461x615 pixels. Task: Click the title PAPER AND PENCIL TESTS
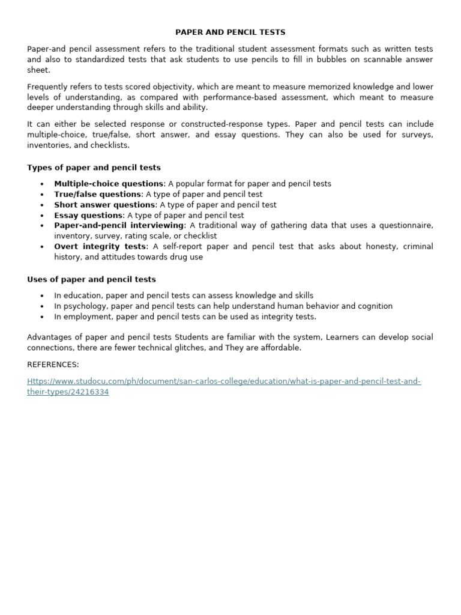[230, 32]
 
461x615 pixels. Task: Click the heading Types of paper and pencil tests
[94, 168]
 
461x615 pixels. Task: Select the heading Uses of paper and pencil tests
[91, 279]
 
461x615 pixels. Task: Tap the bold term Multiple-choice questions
[109, 184]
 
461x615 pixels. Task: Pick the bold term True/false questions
[97, 195]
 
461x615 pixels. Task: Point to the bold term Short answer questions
[104, 205]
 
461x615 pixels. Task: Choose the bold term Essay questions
[88, 215]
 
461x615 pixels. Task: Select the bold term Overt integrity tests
[100, 246]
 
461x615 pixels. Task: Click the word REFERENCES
[53, 365]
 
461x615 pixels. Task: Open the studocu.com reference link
[224, 382]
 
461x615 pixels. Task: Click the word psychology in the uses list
[87, 306]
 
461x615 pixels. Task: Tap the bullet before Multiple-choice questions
[41, 184]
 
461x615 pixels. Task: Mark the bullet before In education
[41, 296]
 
